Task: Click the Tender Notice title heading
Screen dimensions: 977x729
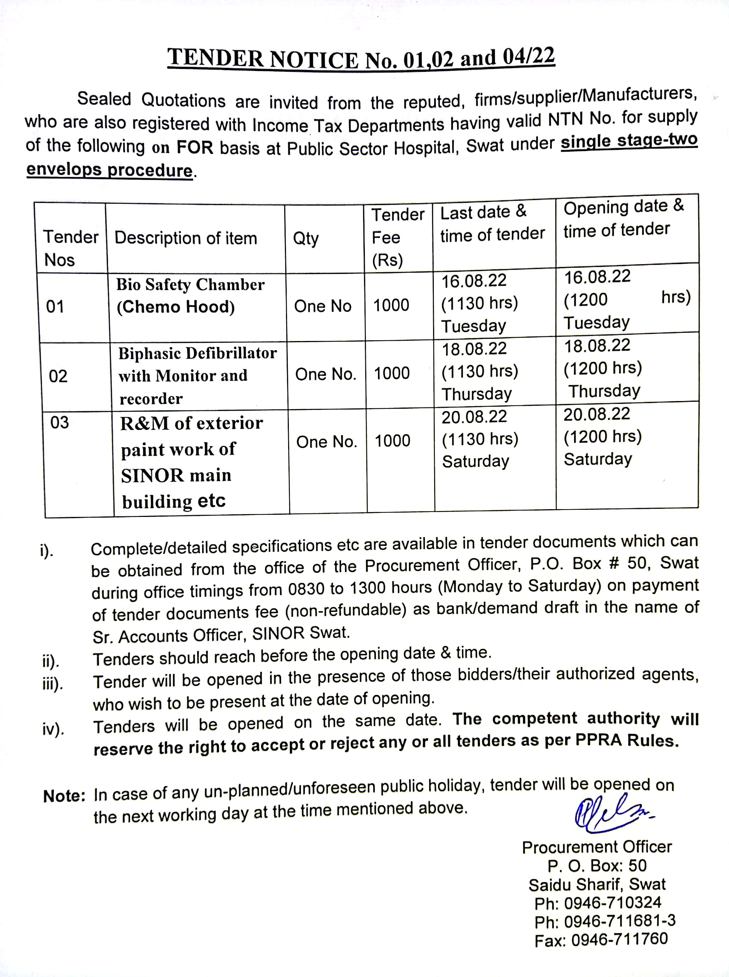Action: click(361, 59)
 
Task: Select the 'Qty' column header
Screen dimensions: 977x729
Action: click(306, 239)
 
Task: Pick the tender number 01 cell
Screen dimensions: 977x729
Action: click(55, 306)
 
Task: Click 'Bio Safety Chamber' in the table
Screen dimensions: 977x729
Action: click(190, 284)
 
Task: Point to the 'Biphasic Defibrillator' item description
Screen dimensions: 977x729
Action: click(197, 353)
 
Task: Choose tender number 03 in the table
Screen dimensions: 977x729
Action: click(60, 423)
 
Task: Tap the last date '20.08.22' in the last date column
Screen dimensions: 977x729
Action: click(474, 417)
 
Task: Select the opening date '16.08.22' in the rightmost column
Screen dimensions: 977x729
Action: click(598, 277)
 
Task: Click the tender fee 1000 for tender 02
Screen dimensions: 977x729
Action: click(392, 374)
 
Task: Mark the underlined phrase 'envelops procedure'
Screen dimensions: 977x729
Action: click(109, 170)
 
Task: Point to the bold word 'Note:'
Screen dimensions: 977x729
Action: click(64, 796)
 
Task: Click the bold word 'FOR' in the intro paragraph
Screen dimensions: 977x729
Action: click(195, 147)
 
